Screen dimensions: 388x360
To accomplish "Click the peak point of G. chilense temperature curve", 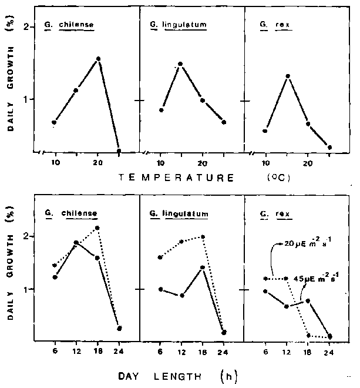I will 98,59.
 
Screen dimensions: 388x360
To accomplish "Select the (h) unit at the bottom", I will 226,374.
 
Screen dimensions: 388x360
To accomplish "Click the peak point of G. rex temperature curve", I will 288,76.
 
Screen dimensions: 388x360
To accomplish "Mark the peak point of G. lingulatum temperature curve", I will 180,63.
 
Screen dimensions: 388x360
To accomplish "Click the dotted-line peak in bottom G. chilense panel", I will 97,228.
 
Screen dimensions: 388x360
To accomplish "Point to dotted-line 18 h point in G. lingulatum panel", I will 203,237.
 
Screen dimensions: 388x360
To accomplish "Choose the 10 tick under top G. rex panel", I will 265,161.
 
